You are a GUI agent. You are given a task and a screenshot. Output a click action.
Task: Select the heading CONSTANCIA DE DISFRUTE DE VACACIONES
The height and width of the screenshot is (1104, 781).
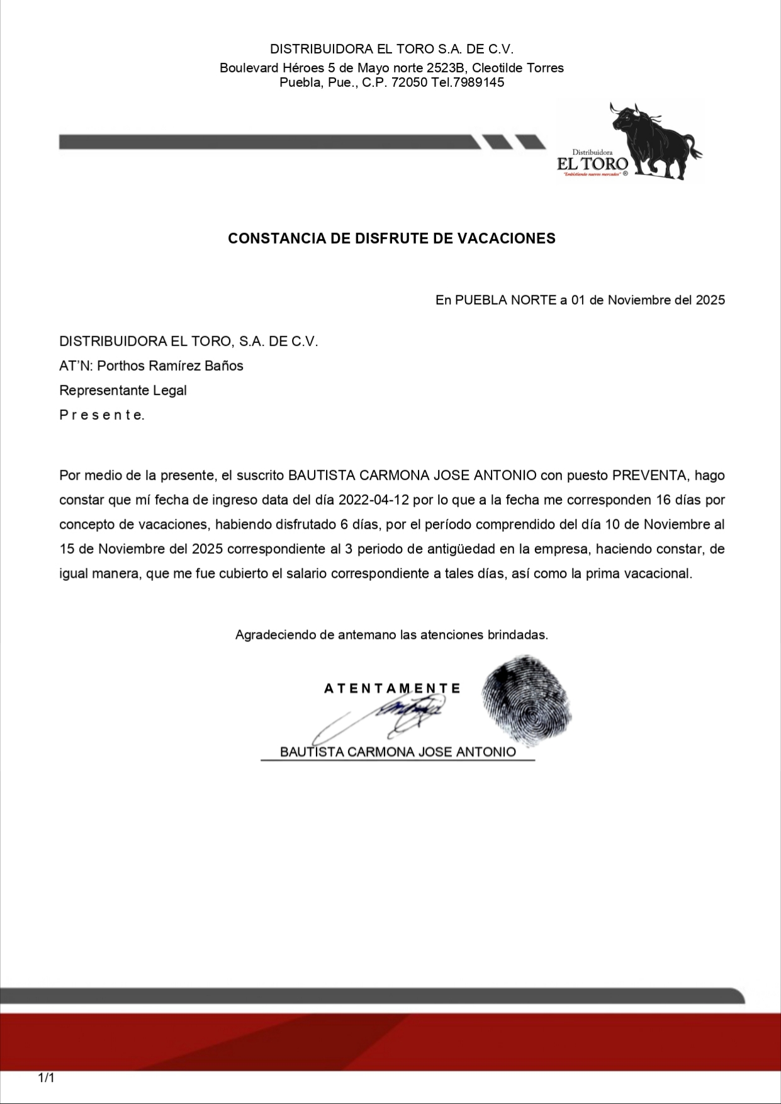[x=391, y=239]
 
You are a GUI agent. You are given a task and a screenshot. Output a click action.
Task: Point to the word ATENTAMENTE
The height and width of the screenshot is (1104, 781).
[x=392, y=689]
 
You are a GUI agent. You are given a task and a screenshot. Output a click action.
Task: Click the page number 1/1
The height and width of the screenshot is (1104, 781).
[x=47, y=1078]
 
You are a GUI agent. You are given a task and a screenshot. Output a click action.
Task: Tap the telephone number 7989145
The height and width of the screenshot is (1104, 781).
[x=478, y=82]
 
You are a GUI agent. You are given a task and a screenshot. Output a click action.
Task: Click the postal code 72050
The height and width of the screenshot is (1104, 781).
[x=410, y=82]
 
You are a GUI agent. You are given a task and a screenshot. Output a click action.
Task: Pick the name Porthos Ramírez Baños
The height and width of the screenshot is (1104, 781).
[x=170, y=366]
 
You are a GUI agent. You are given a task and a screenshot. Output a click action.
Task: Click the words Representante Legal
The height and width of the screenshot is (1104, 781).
[x=123, y=390]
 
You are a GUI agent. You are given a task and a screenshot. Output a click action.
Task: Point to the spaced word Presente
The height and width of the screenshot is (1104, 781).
[x=102, y=415]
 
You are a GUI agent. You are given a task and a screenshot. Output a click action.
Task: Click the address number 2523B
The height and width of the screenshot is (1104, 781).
[x=446, y=68]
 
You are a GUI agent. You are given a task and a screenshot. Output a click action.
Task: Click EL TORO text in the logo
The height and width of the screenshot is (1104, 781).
[x=592, y=164]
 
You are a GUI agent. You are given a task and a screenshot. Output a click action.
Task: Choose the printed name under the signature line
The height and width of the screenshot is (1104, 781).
[x=398, y=752]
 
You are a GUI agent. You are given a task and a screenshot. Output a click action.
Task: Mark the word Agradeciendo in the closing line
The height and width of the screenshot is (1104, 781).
[x=276, y=635]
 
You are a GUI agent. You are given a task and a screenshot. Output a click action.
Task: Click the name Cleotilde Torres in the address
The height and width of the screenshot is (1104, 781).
[x=518, y=68]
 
